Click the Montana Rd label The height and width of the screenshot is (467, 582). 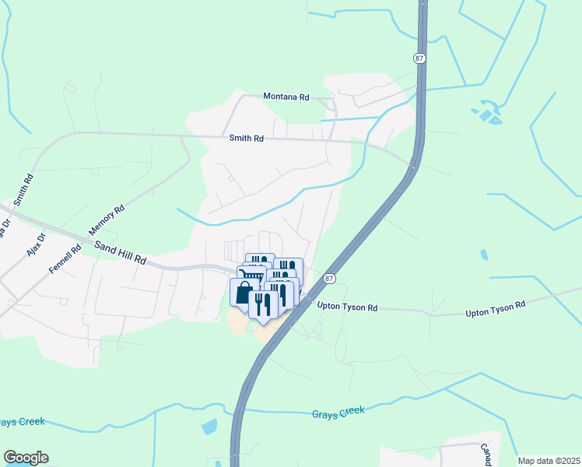tap(286, 97)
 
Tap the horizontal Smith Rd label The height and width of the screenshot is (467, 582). tap(247, 139)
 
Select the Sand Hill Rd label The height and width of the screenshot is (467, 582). tap(121, 251)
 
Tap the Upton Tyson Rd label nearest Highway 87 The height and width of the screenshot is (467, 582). tap(347, 307)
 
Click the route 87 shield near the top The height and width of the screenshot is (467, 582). tap(419, 58)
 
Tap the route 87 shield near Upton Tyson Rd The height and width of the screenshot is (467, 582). tap(330, 278)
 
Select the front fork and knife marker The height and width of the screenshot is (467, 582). tap(262, 304)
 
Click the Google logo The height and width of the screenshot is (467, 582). tap(26, 458)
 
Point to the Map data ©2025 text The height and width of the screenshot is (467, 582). tap(549, 461)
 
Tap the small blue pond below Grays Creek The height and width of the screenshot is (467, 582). tap(209, 427)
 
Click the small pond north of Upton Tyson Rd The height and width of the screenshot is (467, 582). tap(483, 255)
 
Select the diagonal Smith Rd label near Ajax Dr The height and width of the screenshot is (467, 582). tap(23, 189)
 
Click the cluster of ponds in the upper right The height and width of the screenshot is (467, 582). tap(487, 113)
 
